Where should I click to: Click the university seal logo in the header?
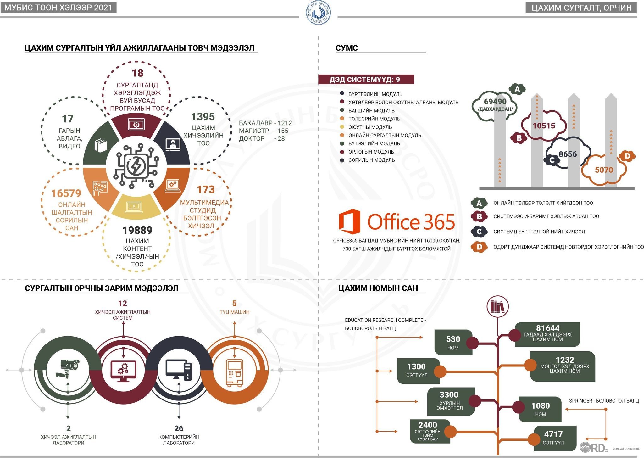point(318,13)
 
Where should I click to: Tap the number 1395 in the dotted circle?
point(203,117)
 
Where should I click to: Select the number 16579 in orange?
point(66,193)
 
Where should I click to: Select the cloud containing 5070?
point(603,170)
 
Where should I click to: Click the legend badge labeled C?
point(479,232)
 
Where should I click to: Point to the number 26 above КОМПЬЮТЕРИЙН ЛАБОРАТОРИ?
point(179,428)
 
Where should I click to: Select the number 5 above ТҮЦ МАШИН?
point(234,303)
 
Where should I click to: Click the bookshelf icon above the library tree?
point(497,306)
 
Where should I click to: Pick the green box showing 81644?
point(547,334)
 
